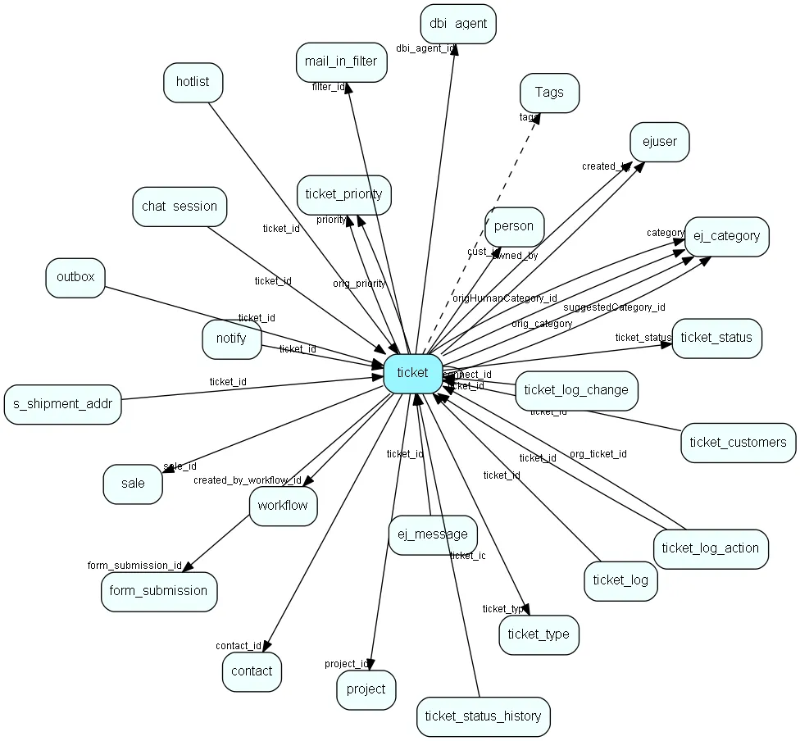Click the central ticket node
[x=412, y=373]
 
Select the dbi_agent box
[x=458, y=24]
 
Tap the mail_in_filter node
[x=341, y=62]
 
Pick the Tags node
[x=549, y=93]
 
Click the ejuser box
[x=659, y=142]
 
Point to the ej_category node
[x=726, y=237]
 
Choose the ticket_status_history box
[x=483, y=716]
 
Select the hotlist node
[x=193, y=82]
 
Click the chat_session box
[x=180, y=207]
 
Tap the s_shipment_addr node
[x=63, y=404]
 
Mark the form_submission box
[x=159, y=591]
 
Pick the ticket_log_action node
[x=711, y=548]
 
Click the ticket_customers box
[x=738, y=443]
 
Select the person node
[x=514, y=226]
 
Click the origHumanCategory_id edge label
[x=504, y=298]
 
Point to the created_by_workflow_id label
[x=248, y=480]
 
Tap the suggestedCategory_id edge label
[x=614, y=307]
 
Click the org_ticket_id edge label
[x=598, y=453]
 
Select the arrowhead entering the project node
[x=371, y=665]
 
